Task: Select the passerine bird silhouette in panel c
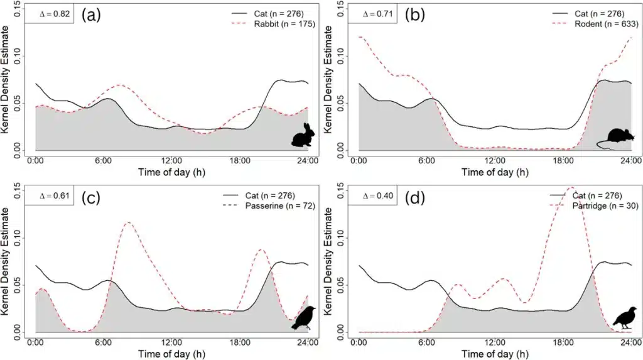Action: tap(305, 318)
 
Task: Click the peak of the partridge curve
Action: tap(571, 187)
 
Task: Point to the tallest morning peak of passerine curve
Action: tap(127, 222)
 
